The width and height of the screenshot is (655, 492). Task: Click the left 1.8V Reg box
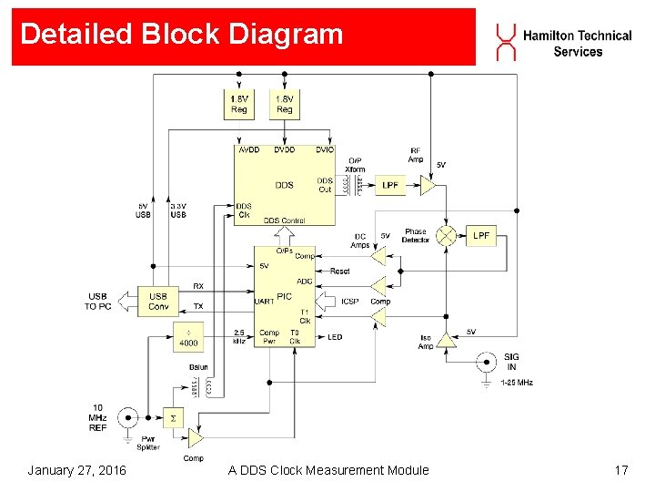[238, 104]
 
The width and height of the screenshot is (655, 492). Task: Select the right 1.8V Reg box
[285, 104]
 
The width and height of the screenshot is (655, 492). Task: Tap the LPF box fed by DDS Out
[390, 185]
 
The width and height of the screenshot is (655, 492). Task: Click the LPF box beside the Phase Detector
[481, 235]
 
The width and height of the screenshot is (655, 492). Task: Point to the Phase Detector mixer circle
[446, 235]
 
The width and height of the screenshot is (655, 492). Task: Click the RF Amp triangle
[427, 185]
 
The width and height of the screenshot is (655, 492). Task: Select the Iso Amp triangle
[446, 341]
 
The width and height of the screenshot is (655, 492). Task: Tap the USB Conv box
[158, 301]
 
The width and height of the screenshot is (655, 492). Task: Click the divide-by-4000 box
[188, 338]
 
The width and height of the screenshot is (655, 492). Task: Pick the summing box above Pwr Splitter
[172, 418]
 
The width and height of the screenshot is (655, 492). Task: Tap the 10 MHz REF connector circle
[128, 418]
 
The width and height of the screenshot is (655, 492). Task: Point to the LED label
[335, 337]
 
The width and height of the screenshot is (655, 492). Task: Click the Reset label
[339, 271]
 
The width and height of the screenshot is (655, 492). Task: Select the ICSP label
[350, 302]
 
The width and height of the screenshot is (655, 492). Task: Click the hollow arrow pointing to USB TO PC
[125, 301]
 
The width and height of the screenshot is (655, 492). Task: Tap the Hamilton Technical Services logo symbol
[505, 42]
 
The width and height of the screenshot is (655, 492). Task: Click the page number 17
[621, 470]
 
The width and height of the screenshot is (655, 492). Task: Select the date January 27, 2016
[77, 470]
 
